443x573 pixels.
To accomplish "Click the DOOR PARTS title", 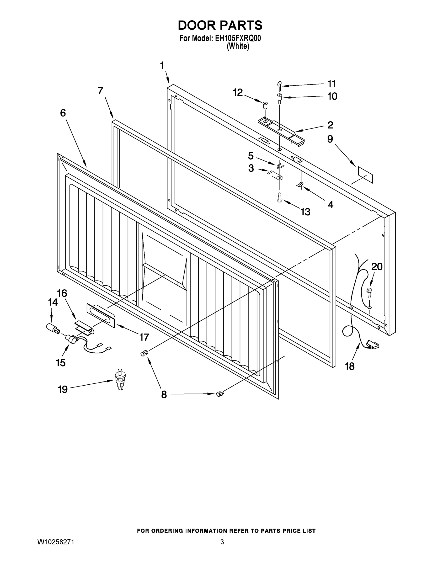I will point(220,26).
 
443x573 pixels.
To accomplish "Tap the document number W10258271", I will point(56,542).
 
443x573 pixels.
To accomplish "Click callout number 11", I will point(331,84).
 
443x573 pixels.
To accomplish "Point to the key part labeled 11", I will point(279,86).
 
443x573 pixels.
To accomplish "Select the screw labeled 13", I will point(279,197).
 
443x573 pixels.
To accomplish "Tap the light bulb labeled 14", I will point(52,328).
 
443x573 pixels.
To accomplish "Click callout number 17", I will point(144,337).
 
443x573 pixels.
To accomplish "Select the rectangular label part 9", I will point(365,175).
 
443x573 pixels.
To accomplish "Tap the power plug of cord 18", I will point(372,345).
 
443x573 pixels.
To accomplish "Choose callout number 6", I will point(63,113).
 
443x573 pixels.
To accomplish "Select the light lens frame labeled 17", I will point(101,316).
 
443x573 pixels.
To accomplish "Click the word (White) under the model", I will point(238,47).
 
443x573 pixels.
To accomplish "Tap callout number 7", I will point(101,91).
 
